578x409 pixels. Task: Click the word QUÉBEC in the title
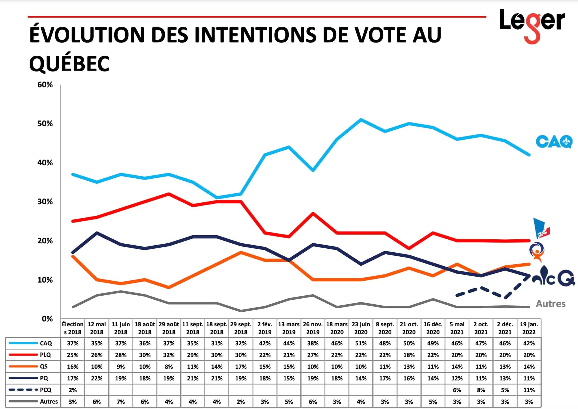pyautogui.click(x=69, y=64)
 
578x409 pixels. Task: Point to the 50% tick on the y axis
pyautogui.click(x=45, y=124)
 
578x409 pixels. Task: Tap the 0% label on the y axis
pyautogui.click(x=47, y=319)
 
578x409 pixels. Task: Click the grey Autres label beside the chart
pyautogui.click(x=551, y=304)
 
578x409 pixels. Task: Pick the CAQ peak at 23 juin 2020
pyautogui.click(x=361, y=119)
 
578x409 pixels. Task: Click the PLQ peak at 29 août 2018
pyautogui.click(x=169, y=194)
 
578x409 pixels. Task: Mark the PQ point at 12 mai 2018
pyautogui.click(x=97, y=233)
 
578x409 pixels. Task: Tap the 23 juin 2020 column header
pyautogui.click(x=361, y=328)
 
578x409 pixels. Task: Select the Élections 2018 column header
pyautogui.click(x=73, y=328)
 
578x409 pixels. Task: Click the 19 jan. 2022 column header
pyautogui.click(x=529, y=328)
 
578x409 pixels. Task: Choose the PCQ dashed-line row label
pyautogui.click(x=45, y=390)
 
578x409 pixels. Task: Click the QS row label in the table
pyautogui.click(x=43, y=367)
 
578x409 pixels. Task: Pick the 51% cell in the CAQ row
pyautogui.click(x=361, y=343)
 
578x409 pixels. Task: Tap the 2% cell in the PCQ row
pyautogui.click(x=73, y=390)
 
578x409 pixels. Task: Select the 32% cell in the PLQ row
pyautogui.click(x=169, y=355)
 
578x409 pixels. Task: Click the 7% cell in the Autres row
pyautogui.click(x=121, y=402)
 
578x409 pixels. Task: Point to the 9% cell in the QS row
pyautogui.click(x=121, y=367)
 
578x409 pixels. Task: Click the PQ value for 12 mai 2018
pyautogui.click(x=97, y=378)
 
